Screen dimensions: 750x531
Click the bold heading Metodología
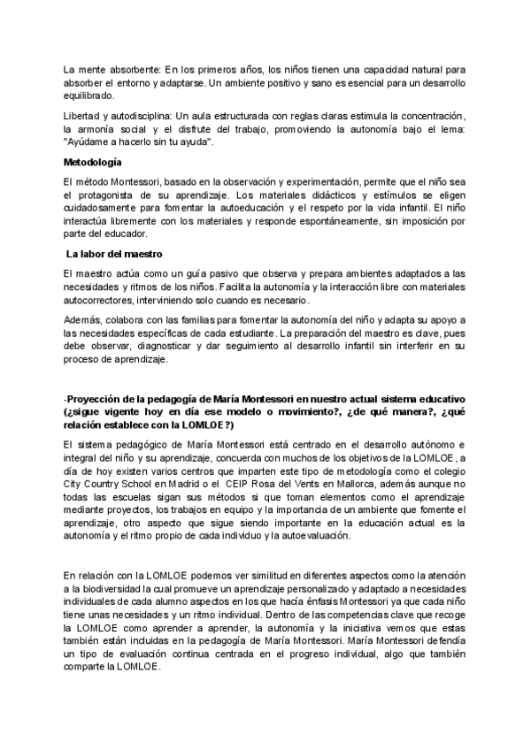point(93,163)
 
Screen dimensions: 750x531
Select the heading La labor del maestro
point(111,254)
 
